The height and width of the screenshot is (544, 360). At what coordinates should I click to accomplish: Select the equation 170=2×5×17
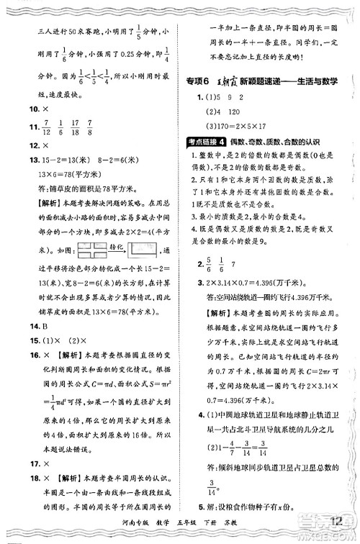point(238,124)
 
